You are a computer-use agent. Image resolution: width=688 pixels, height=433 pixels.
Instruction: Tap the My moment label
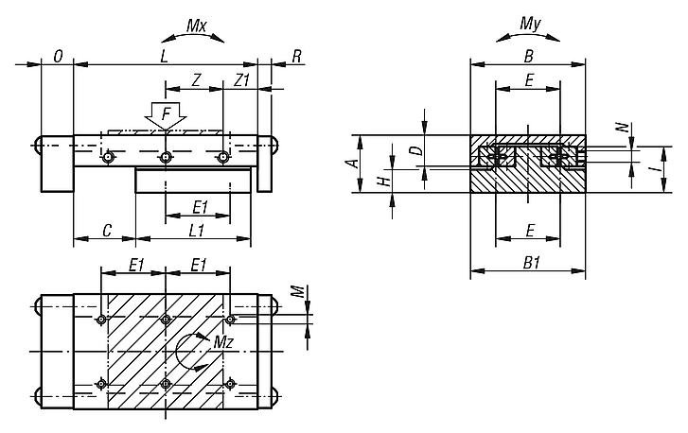531,21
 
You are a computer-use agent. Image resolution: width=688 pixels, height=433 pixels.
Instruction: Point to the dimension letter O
59,57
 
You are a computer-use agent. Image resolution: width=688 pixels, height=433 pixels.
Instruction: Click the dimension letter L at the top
164,57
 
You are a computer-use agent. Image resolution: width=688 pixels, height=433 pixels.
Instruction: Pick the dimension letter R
296,57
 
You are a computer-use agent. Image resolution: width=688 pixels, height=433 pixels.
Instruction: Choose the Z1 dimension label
242,81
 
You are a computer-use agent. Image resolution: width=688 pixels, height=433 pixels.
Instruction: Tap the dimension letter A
351,164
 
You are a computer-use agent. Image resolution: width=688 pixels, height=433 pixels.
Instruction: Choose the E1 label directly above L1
199,206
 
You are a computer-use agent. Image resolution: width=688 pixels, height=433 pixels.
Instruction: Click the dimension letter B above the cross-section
528,57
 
